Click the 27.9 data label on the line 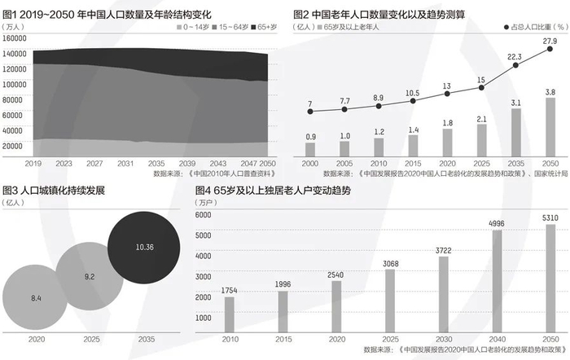(x=550, y=41)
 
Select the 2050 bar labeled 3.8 (x=550, y=127)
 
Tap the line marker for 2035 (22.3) (x=515, y=66)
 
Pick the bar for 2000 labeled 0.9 (x=310, y=149)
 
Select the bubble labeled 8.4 (x=36, y=299)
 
